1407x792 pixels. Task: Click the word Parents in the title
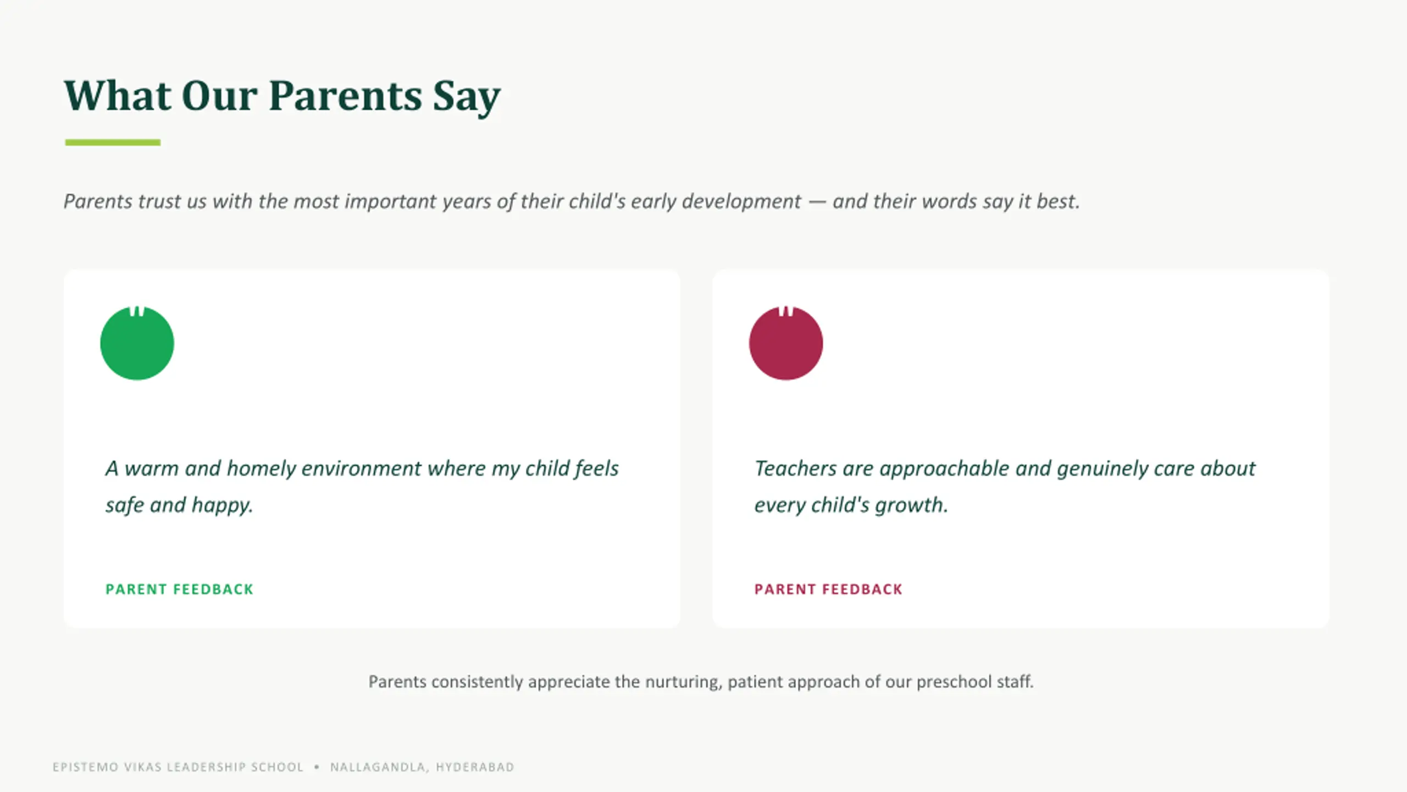(x=346, y=96)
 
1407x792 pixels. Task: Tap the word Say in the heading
(x=467, y=98)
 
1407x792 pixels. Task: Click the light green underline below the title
(x=113, y=142)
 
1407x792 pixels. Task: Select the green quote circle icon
(x=137, y=343)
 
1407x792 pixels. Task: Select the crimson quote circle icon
(x=786, y=343)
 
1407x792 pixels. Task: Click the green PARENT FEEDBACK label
(x=179, y=589)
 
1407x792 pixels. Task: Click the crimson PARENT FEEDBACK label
(x=828, y=589)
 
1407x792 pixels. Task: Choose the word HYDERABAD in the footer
(x=475, y=767)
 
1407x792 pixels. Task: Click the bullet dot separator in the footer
(x=317, y=767)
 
